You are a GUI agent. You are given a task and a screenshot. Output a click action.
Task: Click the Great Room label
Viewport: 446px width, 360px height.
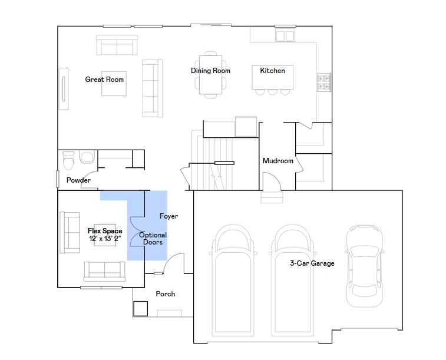tap(104, 80)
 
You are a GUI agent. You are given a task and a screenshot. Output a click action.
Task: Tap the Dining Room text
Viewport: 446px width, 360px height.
tap(210, 71)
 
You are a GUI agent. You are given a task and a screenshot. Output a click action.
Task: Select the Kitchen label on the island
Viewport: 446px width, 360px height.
tap(273, 71)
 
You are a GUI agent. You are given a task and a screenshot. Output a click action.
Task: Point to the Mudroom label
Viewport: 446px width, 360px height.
tap(278, 161)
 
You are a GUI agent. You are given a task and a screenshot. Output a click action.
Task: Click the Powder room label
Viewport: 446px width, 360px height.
tap(78, 180)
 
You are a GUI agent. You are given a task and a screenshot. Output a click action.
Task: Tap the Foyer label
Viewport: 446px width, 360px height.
tap(169, 216)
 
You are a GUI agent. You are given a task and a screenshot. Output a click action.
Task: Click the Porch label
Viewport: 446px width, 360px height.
tap(165, 294)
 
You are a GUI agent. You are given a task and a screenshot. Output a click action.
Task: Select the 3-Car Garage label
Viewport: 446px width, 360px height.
tap(312, 263)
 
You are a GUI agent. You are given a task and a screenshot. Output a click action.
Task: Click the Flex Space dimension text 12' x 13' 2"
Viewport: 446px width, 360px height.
tap(105, 238)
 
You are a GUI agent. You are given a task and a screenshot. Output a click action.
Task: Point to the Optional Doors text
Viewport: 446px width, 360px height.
tap(153, 239)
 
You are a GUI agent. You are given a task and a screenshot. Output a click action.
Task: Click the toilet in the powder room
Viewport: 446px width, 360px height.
tap(68, 160)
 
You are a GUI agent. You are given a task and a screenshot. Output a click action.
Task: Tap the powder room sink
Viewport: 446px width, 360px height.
tap(87, 157)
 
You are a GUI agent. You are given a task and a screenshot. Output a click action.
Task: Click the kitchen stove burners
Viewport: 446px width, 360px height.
tap(324, 82)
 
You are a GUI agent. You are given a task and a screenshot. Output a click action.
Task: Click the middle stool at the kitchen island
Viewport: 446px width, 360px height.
tap(273, 92)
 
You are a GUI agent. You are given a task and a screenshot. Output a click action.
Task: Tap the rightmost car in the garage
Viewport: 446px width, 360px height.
tap(364, 266)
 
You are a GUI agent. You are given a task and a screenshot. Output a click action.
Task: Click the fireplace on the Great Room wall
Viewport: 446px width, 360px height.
tap(64, 89)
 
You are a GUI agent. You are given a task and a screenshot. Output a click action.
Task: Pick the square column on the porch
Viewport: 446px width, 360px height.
tap(140, 309)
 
